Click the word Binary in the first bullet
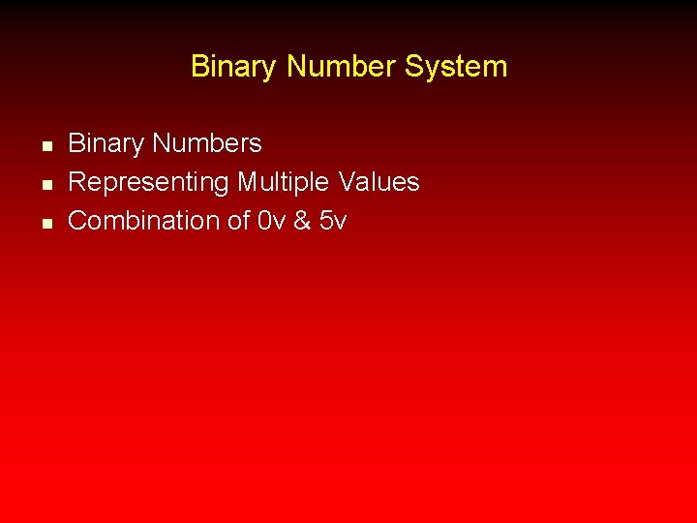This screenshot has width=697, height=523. coord(102,144)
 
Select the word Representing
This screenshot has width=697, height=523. coord(149,183)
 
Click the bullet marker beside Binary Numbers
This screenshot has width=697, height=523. coord(45,146)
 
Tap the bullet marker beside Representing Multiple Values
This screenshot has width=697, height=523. coord(45,185)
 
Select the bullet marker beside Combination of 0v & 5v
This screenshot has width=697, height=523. coord(45,224)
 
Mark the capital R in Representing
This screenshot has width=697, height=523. coord(76,182)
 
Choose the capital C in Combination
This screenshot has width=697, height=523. coord(77,221)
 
